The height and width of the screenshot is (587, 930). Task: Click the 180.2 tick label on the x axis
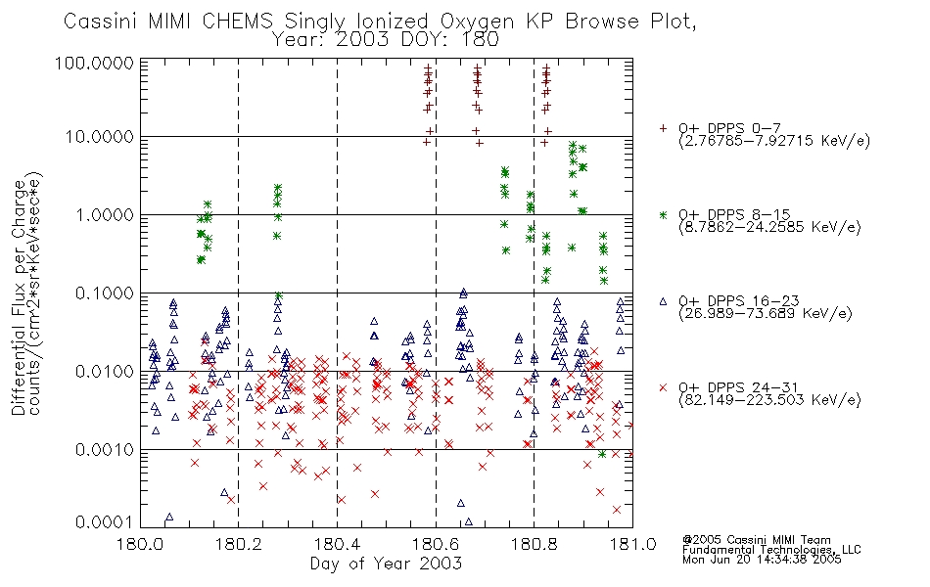(x=239, y=543)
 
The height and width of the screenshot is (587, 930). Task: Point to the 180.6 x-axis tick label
(x=436, y=543)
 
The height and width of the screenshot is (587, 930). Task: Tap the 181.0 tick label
(x=632, y=543)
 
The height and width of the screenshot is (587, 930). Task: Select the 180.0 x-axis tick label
(x=141, y=543)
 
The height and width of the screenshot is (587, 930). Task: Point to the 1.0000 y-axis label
(x=104, y=214)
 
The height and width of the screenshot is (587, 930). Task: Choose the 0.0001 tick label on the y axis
(x=104, y=521)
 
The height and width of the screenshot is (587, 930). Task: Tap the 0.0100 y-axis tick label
(x=104, y=372)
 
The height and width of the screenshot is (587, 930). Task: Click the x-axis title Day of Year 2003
(x=386, y=564)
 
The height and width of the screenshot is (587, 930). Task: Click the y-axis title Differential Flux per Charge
(x=19, y=297)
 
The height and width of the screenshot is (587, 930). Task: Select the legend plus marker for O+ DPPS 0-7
(x=664, y=128)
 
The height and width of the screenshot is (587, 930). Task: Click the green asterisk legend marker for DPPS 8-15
(x=664, y=214)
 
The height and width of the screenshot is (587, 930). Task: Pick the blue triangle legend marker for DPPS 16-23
(x=664, y=301)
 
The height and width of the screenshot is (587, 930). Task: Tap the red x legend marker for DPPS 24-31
(x=664, y=387)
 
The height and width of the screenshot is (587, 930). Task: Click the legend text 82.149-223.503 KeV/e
(x=769, y=400)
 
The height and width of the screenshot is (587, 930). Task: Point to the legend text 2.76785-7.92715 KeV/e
(x=774, y=141)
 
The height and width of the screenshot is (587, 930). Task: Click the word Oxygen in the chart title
(x=478, y=22)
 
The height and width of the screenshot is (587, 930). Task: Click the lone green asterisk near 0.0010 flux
(x=602, y=454)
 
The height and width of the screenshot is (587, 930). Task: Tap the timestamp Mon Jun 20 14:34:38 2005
(x=762, y=560)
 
